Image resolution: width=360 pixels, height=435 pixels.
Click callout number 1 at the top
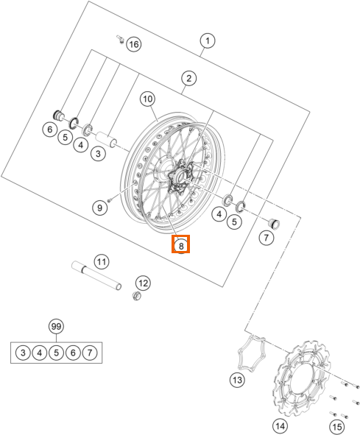pos(208,40)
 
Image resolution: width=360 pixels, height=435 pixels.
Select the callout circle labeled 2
pos(188,78)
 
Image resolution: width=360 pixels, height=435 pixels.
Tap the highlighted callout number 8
pos(181,246)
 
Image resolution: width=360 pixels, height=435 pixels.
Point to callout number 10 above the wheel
pos(148,99)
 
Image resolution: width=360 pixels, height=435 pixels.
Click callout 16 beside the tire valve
pos(134,44)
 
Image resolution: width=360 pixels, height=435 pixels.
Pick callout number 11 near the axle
pos(102,261)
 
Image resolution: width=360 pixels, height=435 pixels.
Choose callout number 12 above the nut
pos(144,283)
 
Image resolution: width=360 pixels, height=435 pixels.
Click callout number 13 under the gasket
pos(237,380)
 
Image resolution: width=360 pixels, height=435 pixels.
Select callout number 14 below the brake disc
pos(280,426)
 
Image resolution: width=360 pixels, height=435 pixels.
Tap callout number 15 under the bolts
pos(337,427)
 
